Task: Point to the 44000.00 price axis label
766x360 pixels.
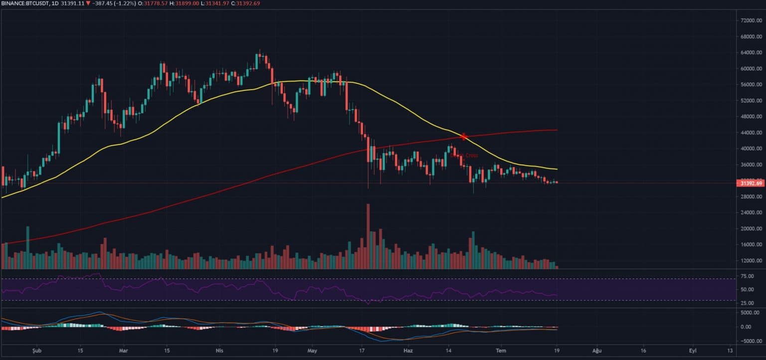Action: pyautogui.click(x=751, y=133)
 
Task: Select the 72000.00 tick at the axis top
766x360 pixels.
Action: pyautogui.click(x=751, y=20)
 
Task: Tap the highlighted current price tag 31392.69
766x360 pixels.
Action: pyautogui.click(x=751, y=183)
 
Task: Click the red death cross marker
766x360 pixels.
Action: pyautogui.click(x=464, y=136)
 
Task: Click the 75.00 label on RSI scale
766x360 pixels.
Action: pyautogui.click(x=748, y=276)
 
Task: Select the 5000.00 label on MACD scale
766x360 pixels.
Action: pyautogui.click(x=750, y=313)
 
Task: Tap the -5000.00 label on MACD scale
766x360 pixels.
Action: pyautogui.click(x=750, y=342)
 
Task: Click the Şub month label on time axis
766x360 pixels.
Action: pyautogui.click(x=34, y=351)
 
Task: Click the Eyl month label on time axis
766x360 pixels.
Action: pyautogui.click(x=692, y=351)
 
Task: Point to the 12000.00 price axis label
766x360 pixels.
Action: pyautogui.click(x=751, y=261)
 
